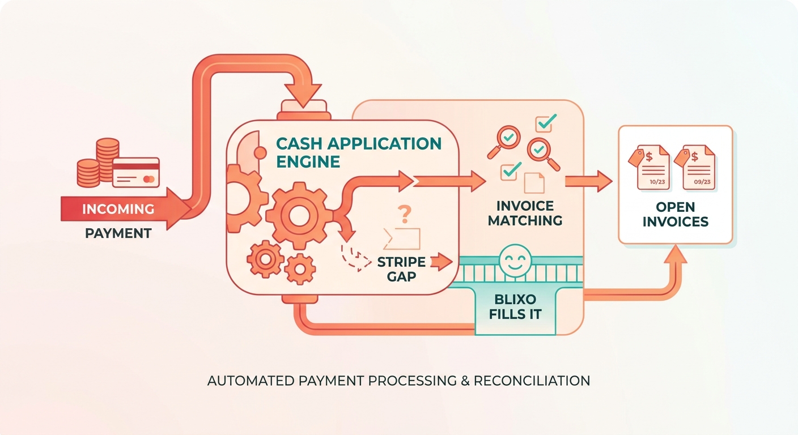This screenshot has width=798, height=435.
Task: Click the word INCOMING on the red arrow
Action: click(118, 209)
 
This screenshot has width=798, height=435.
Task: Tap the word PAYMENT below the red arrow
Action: click(118, 233)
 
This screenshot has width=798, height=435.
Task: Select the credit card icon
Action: click(135, 173)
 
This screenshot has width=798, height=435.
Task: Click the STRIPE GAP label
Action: click(401, 269)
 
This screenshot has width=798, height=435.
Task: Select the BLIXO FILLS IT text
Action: click(515, 306)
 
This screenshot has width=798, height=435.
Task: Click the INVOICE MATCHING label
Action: click(525, 213)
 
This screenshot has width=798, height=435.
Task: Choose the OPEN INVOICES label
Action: click(676, 214)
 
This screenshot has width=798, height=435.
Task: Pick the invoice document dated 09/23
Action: click(695, 167)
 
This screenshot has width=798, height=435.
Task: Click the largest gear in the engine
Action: click(299, 215)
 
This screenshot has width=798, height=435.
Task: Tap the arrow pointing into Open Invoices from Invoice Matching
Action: click(588, 181)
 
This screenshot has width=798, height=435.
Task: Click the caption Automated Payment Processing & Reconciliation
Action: click(398, 381)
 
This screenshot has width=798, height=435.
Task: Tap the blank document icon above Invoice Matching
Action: click(534, 183)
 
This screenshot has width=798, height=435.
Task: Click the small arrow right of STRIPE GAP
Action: click(442, 262)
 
